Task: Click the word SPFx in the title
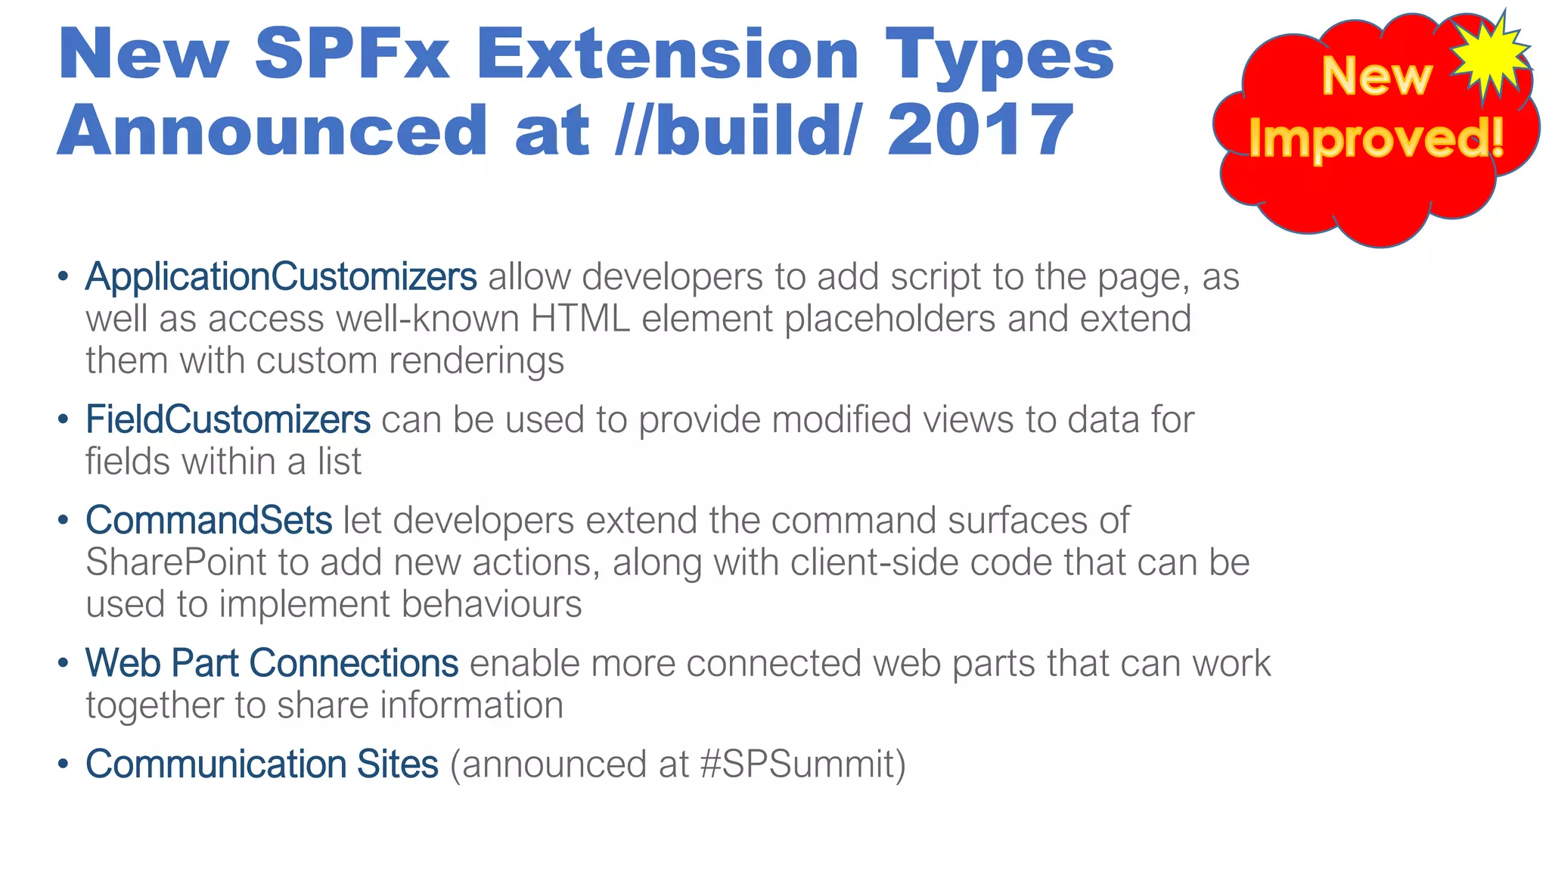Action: point(352,54)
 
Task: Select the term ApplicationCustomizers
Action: point(281,277)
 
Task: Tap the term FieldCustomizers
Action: point(228,419)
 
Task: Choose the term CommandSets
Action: point(209,521)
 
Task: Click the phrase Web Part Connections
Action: point(272,663)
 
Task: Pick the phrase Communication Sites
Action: point(262,764)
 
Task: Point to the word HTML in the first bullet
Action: point(580,319)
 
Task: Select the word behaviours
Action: point(492,604)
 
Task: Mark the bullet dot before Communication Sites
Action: point(64,764)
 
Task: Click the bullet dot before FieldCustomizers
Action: point(64,419)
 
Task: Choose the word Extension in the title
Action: point(667,54)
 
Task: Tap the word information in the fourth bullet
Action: point(471,705)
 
